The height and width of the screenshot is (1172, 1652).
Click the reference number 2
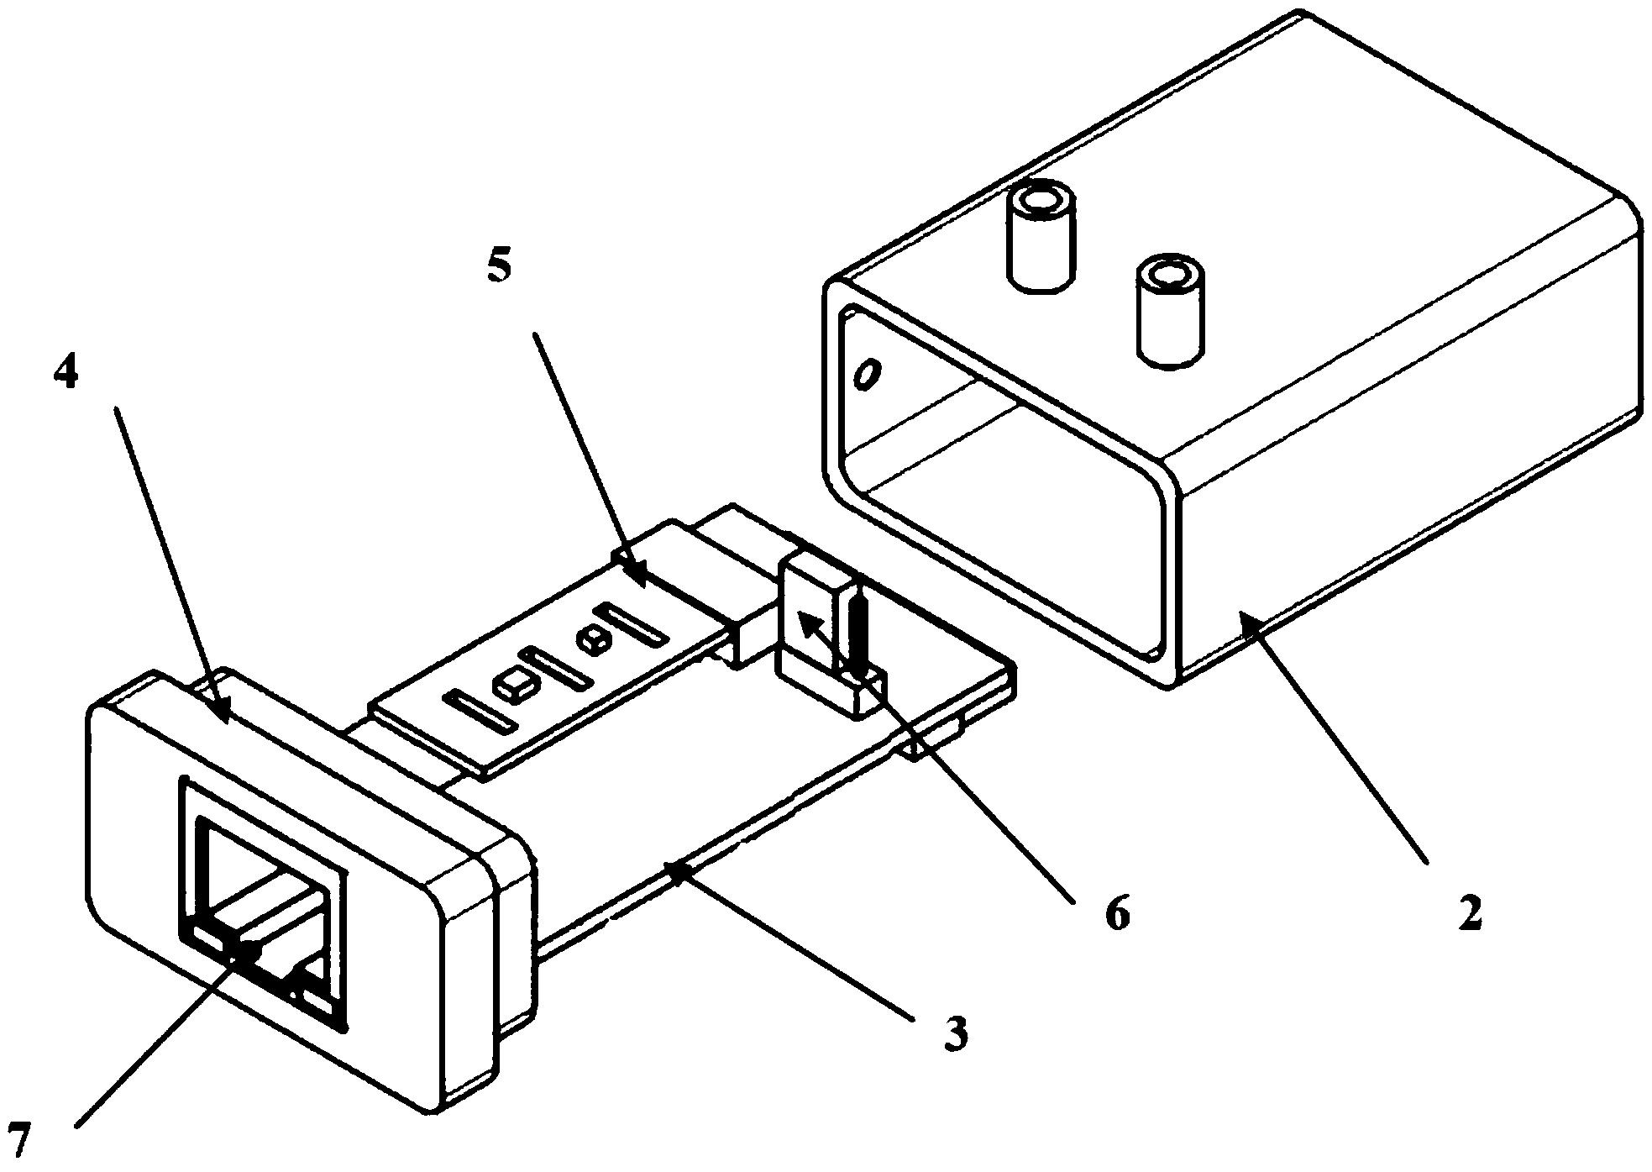(1469, 916)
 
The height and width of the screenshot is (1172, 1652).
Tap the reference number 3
(956, 1033)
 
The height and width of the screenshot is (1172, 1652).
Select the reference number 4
(66, 373)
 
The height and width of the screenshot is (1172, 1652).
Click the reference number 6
(1117, 913)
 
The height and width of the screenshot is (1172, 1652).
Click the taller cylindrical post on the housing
(1041, 237)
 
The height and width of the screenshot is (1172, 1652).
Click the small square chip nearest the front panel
(512, 689)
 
